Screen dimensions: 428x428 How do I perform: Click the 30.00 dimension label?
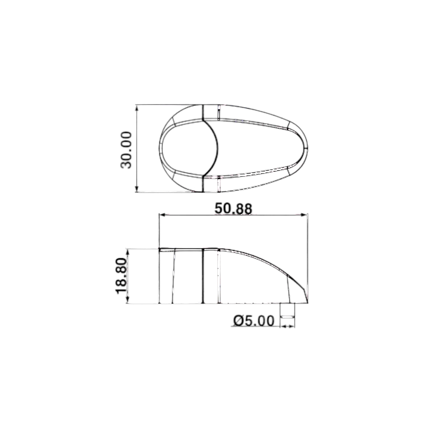pos(126,150)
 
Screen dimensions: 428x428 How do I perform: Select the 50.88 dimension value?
pos(234,209)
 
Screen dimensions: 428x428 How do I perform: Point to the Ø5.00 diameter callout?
pos(254,321)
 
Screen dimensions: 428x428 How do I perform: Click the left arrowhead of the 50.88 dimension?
pos(163,215)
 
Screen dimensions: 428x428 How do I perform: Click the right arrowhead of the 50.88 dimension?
pos(304,215)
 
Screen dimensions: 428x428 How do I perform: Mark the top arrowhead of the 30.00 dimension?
pos(137,108)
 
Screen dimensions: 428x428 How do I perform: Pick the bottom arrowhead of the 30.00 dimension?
pos(137,189)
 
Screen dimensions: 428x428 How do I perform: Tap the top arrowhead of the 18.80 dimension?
pos(127,252)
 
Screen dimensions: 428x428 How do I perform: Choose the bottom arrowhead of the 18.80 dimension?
pos(127,300)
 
